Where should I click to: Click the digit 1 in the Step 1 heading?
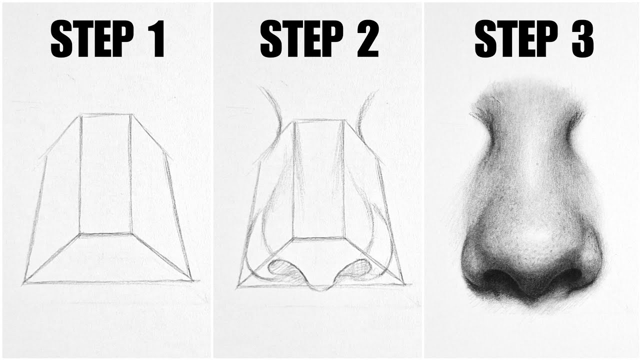[157, 39]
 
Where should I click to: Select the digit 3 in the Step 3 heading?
[581, 39]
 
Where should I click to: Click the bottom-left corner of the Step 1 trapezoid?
[23, 284]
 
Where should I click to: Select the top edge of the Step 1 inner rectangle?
[106, 116]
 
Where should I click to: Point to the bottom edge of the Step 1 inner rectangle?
[105, 233]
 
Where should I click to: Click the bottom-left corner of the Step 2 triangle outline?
[238, 286]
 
